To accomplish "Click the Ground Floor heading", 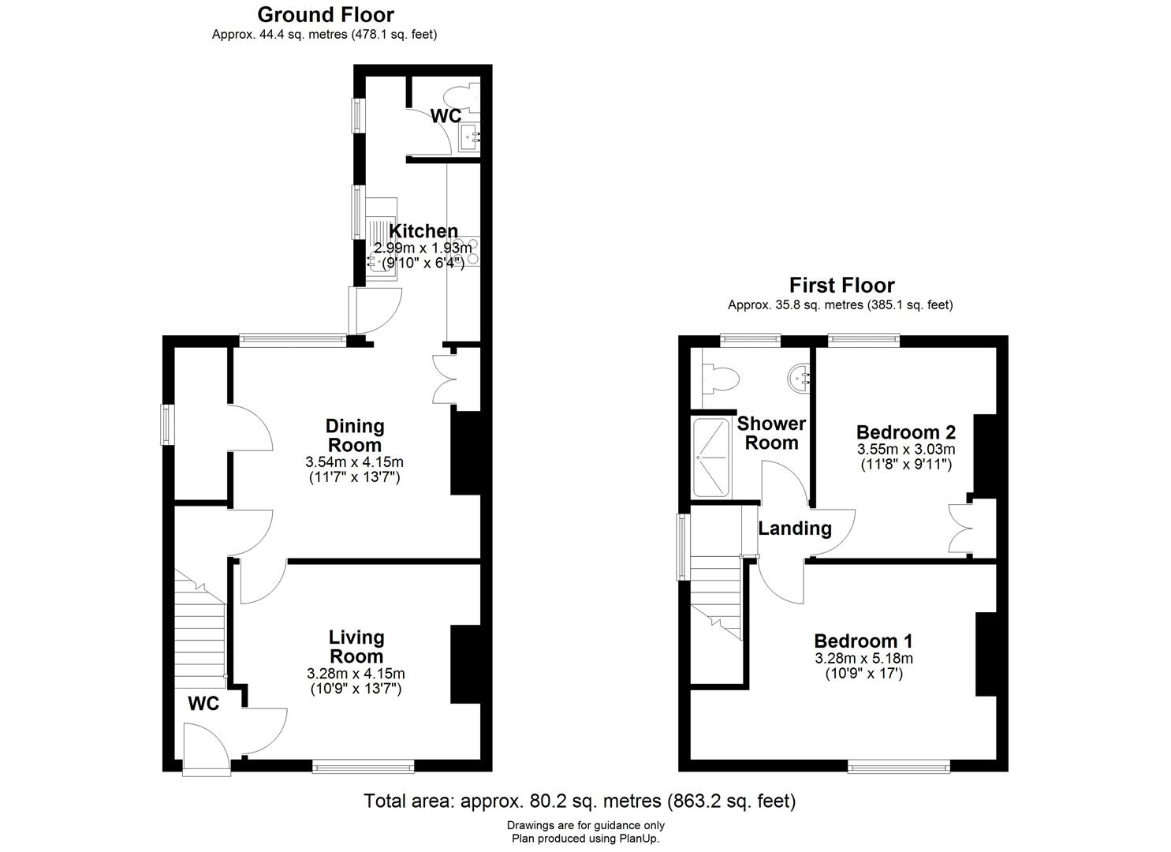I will tap(325, 14).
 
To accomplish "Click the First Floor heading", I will tap(841, 285).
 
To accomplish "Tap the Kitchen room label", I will tap(423, 231).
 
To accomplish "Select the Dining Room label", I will tap(355, 435).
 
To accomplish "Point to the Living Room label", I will tap(356, 646).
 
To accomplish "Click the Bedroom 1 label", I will tap(863, 641).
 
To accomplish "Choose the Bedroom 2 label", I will tap(905, 432).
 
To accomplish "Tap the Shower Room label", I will tap(770, 433).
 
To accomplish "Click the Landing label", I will tap(794, 529).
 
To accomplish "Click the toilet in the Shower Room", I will tap(721, 378).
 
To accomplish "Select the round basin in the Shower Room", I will tap(800, 377).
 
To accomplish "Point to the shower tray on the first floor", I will tap(711, 458).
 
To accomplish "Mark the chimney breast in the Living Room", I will tap(465, 663).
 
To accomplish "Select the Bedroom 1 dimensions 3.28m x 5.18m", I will tap(863, 659).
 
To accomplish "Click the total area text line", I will tap(579, 802).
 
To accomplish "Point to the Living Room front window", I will tap(363, 764).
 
